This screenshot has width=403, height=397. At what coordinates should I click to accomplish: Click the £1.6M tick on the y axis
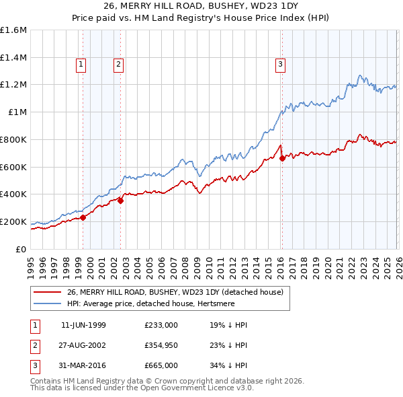click(14, 30)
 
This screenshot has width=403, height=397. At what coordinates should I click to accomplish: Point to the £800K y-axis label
click(13, 139)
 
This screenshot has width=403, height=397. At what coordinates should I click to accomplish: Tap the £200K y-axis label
click(13, 221)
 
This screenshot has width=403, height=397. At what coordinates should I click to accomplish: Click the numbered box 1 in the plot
click(81, 65)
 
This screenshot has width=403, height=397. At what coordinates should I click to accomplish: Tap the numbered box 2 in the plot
click(118, 65)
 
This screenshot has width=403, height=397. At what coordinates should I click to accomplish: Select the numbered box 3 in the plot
click(279, 65)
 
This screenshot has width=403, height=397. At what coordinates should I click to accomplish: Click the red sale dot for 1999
click(83, 217)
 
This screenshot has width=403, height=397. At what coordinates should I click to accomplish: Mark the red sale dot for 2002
click(121, 200)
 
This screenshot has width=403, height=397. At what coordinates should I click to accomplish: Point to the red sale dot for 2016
click(282, 158)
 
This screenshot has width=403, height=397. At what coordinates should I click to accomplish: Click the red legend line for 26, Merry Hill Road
click(48, 292)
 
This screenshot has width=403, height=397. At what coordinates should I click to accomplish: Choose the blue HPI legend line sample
click(48, 303)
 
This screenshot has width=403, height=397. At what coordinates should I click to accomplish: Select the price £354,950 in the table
click(161, 345)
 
